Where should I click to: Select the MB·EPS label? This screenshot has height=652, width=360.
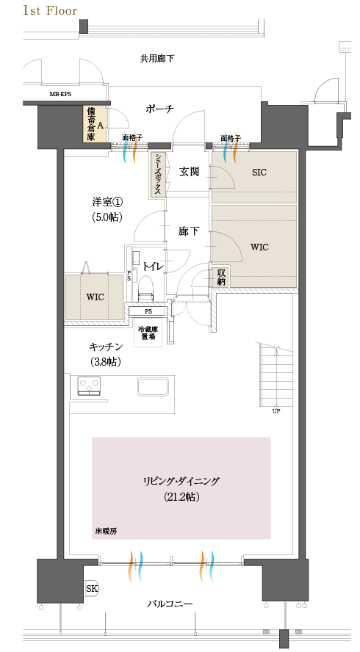pyautogui.click(x=60, y=95)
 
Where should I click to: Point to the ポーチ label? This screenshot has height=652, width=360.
pyautogui.click(x=159, y=109)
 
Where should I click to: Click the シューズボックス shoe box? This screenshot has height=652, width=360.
pyautogui.click(x=158, y=174)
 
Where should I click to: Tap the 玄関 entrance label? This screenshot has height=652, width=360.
pyautogui.click(x=189, y=172)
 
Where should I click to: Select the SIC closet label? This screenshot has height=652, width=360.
pyautogui.click(x=259, y=173)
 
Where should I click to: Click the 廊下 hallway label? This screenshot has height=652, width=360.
pyautogui.click(x=189, y=231)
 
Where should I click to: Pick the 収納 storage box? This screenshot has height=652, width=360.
pyautogui.click(x=221, y=277)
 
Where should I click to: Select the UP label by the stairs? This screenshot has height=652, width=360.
pyautogui.click(x=276, y=410)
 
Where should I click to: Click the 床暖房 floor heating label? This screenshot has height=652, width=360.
pyautogui.click(x=106, y=530)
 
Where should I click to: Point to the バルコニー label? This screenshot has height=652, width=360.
pyautogui.click(x=170, y=604)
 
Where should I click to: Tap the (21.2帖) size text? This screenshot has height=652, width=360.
pyautogui.click(x=181, y=497)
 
